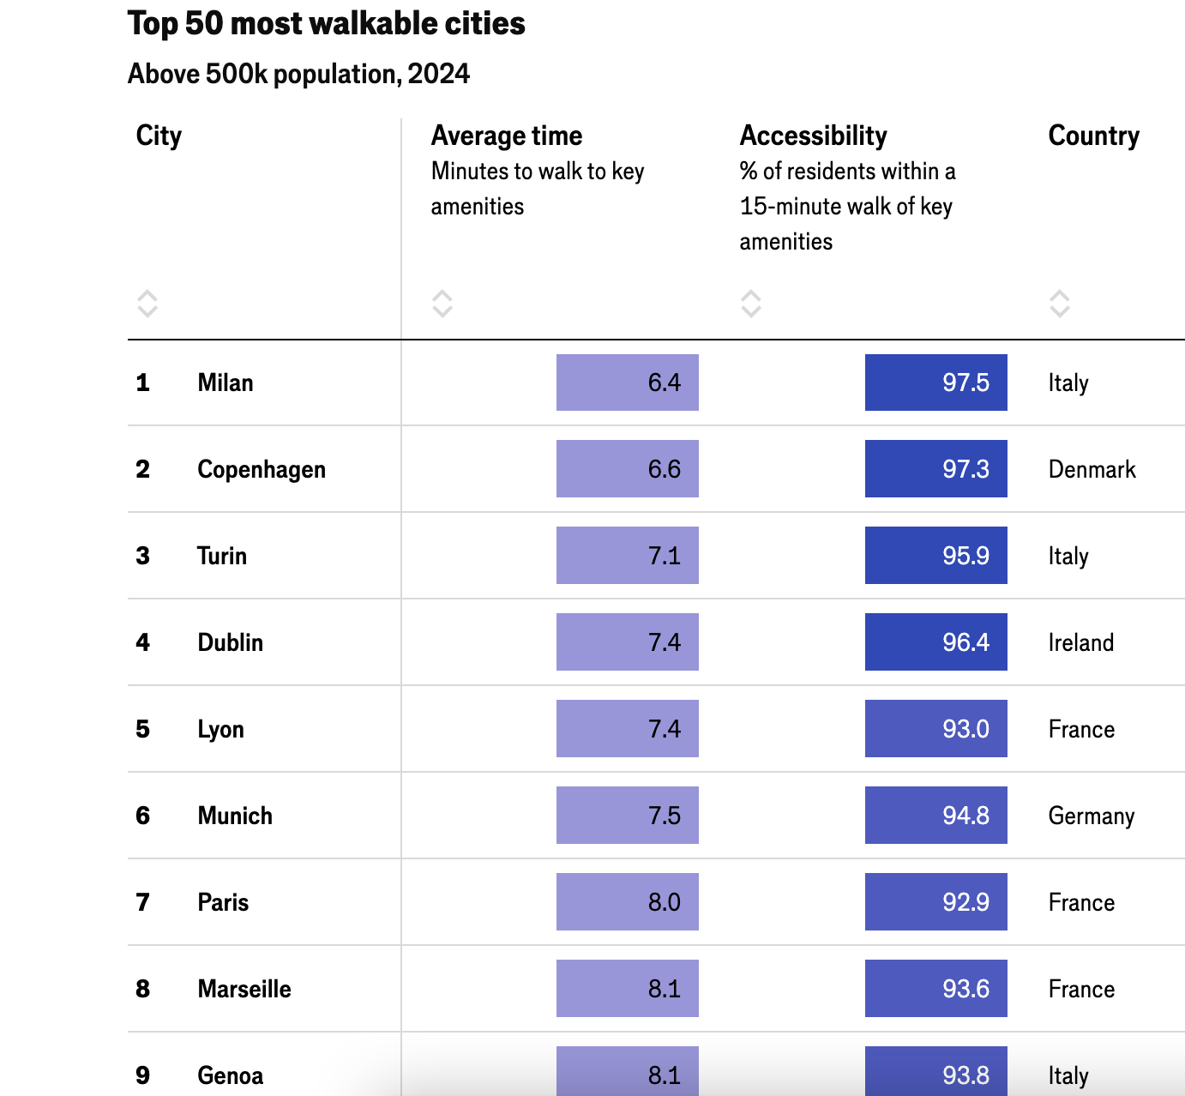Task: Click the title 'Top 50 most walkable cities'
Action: pyautogui.click(x=326, y=24)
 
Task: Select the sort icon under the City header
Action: pyautogui.click(x=147, y=303)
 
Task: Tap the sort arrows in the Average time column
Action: pyautogui.click(x=442, y=303)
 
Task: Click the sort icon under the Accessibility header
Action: pyautogui.click(x=751, y=303)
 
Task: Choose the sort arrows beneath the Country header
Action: pyautogui.click(x=1060, y=303)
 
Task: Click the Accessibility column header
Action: pyautogui.click(x=813, y=135)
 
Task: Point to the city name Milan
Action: pyautogui.click(x=226, y=382)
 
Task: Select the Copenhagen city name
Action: pyautogui.click(x=262, y=469)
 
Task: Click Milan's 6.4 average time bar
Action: pyautogui.click(x=627, y=382)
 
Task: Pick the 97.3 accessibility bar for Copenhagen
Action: pyautogui.click(x=935, y=469)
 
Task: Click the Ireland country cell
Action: pyautogui.click(x=1080, y=642)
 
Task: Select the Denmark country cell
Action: pyautogui.click(x=1092, y=469)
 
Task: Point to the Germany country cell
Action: pyautogui.click(x=1091, y=816)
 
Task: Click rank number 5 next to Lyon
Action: pyautogui.click(x=143, y=729)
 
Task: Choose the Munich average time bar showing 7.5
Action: pyautogui.click(x=627, y=816)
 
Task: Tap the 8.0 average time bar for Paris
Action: pyautogui.click(x=627, y=902)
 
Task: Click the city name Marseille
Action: pyautogui.click(x=244, y=989)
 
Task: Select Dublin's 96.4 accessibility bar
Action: pyautogui.click(x=935, y=642)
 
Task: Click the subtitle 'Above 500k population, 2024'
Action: pyautogui.click(x=298, y=75)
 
